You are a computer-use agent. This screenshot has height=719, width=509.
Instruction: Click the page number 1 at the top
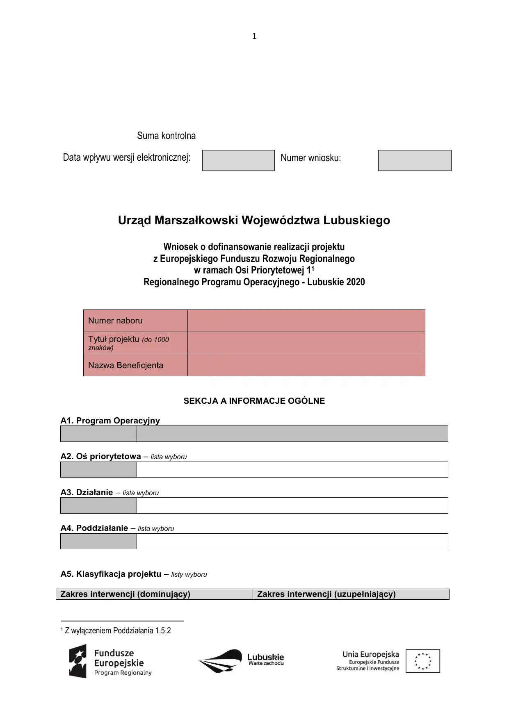click(254, 36)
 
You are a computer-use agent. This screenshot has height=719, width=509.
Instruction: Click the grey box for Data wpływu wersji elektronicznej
click(238, 160)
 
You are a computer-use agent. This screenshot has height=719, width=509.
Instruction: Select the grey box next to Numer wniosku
click(415, 160)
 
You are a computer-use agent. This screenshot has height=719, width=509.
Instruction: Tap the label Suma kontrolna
click(166, 136)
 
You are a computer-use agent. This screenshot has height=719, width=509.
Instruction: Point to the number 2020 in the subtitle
click(355, 282)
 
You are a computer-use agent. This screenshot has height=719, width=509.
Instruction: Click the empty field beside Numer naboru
click(306, 321)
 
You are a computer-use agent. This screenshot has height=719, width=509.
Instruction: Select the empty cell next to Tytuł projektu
click(306, 343)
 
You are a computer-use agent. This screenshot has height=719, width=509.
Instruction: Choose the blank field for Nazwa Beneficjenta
click(306, 365)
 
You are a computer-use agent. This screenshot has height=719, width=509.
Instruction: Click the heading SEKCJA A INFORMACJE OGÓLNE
click(254, 401)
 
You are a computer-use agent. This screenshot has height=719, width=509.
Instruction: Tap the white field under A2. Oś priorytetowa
click(292, 469)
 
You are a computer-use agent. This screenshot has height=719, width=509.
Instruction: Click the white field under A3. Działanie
click(292, 505)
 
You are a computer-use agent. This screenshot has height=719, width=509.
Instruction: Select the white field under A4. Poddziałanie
click(292, 541)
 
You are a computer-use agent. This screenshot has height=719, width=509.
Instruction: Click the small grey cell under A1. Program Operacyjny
click(98, 434)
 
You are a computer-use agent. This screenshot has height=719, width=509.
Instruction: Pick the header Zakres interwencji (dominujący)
click(126, 594)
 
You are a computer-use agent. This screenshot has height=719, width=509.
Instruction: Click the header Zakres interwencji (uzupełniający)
click(326, 594)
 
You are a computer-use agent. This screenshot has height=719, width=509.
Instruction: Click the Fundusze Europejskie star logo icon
click(78, 661)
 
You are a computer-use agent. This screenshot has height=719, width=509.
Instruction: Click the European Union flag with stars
click(423, 661)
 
